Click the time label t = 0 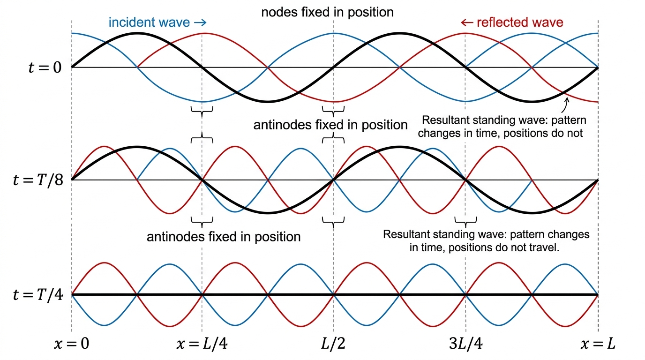[x=45, y=67]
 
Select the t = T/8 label [x=38, y=180]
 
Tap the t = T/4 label [x=38, y=295]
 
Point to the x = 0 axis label [x=71, y=344]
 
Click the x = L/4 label [x=202, y=344]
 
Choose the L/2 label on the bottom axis [x=333, y=344]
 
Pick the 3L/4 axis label [x=465, y=344]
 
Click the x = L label [x=598, y=344]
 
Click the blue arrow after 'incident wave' [x=200, y=22]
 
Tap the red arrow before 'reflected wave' [x=467, y=22]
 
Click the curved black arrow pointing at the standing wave [x=565, y=105]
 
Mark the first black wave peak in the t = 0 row [x=137, y=34]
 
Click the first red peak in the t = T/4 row [x=105, y=263]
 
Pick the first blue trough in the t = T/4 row [x=105, y=325]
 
